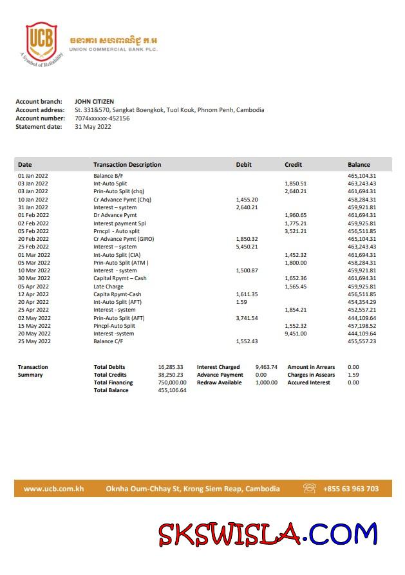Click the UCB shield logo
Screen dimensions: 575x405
tap(41, 40)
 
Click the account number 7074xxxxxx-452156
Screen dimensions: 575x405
tap(102, 118)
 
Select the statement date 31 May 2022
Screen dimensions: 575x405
tap(93, 127)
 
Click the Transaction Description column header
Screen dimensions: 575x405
tap(127, 165)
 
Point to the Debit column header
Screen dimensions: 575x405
tap(243, 165)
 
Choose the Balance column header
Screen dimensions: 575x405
tap(359, 165)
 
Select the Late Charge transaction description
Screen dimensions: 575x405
tap(108, 287)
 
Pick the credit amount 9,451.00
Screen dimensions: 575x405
tap(296, 334)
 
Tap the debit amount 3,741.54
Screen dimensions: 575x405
tap(247, 318)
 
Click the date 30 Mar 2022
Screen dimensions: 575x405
tap(33, 278)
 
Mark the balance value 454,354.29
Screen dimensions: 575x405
tap(362, 302)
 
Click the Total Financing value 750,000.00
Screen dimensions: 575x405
tap(172, 382)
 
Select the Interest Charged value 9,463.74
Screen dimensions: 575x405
tap(266, 367)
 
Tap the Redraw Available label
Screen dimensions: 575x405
tap(220, 382)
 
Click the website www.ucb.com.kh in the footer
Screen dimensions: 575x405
tap(54, 489)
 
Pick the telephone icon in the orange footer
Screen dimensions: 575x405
tap(310, 489)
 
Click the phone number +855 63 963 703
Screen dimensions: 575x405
tap(351, 489)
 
